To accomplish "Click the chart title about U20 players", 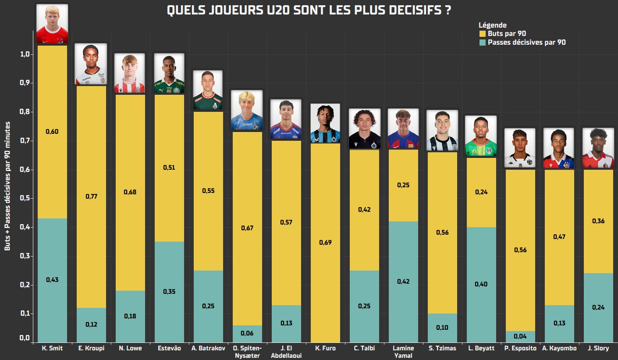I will click(309, 11).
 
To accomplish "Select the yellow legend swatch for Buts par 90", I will click(483, 34).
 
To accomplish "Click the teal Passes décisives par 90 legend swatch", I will click(483, 43).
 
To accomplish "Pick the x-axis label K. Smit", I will click(52, 349).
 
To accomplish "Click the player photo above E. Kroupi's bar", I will click(91, 64).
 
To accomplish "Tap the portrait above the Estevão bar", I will click(169, 73).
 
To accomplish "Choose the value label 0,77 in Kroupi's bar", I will click(91, 196).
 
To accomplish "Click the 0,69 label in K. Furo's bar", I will click(325, 242).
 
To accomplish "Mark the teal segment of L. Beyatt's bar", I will click(481, 284).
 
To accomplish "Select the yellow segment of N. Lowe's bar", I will click(130, 192).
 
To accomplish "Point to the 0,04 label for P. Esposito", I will click(520, 336).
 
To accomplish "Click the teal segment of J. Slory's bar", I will click(597, 307).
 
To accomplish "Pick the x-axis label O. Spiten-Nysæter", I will click(247, 352).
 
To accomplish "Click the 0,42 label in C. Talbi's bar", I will click(364, 210).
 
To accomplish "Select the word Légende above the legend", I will click(492, 25).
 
